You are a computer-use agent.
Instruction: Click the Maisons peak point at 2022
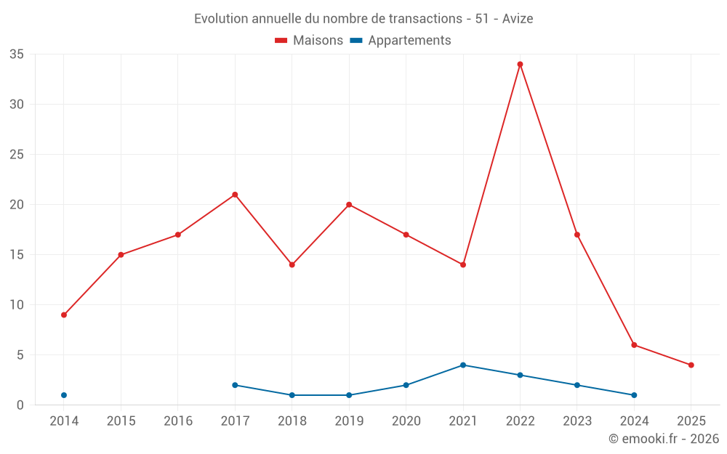click(x=520, y=64)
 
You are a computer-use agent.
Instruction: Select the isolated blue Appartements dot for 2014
click(x=64, y=395)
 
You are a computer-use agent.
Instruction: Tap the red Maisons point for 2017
click(x=235, y=195)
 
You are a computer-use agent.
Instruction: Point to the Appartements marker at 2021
click(x=463, y=365)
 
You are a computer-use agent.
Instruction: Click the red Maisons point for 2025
click(x=691, y=365)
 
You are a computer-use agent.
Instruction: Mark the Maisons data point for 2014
click(x=64, y=315)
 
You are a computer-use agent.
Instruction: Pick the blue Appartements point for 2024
click(x=634, y=395)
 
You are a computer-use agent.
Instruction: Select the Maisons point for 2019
click(x=349, y=204)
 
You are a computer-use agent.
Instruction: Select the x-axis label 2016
click(x=178, y=421)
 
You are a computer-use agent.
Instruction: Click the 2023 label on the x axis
click(x=577, y=421)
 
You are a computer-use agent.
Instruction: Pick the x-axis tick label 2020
click(x=406, y=421)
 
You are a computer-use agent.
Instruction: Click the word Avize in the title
click(x=518, y=19)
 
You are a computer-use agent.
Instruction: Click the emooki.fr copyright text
click(x=663, y=439)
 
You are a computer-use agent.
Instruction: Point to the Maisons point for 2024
click(x=634, y=345)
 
